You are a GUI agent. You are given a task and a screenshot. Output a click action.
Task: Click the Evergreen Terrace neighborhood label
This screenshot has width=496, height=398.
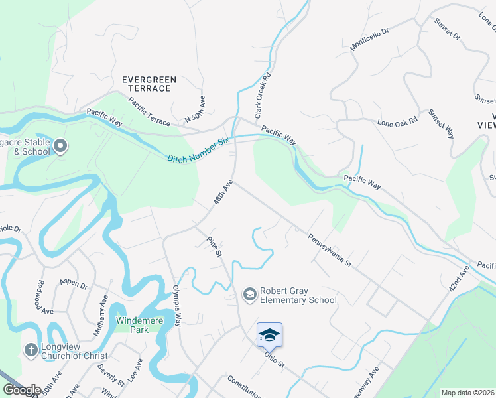point(149,84)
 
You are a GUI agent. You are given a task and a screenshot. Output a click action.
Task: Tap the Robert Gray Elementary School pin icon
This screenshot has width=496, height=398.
point(249,294)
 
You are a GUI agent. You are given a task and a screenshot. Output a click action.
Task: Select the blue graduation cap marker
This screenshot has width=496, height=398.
point(269,334)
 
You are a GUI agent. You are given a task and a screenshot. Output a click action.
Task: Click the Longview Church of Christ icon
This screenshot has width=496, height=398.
point(31,350)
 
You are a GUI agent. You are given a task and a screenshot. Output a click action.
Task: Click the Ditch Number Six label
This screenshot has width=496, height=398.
point(198,149)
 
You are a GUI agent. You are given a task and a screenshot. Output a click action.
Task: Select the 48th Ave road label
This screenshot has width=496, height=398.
point(223,190)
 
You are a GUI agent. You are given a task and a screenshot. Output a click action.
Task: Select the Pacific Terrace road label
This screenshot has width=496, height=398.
point(149,111)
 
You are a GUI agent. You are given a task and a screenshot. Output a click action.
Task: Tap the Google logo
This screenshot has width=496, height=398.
point(21,390)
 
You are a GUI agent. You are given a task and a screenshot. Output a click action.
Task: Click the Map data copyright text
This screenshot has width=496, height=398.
point(467,393)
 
